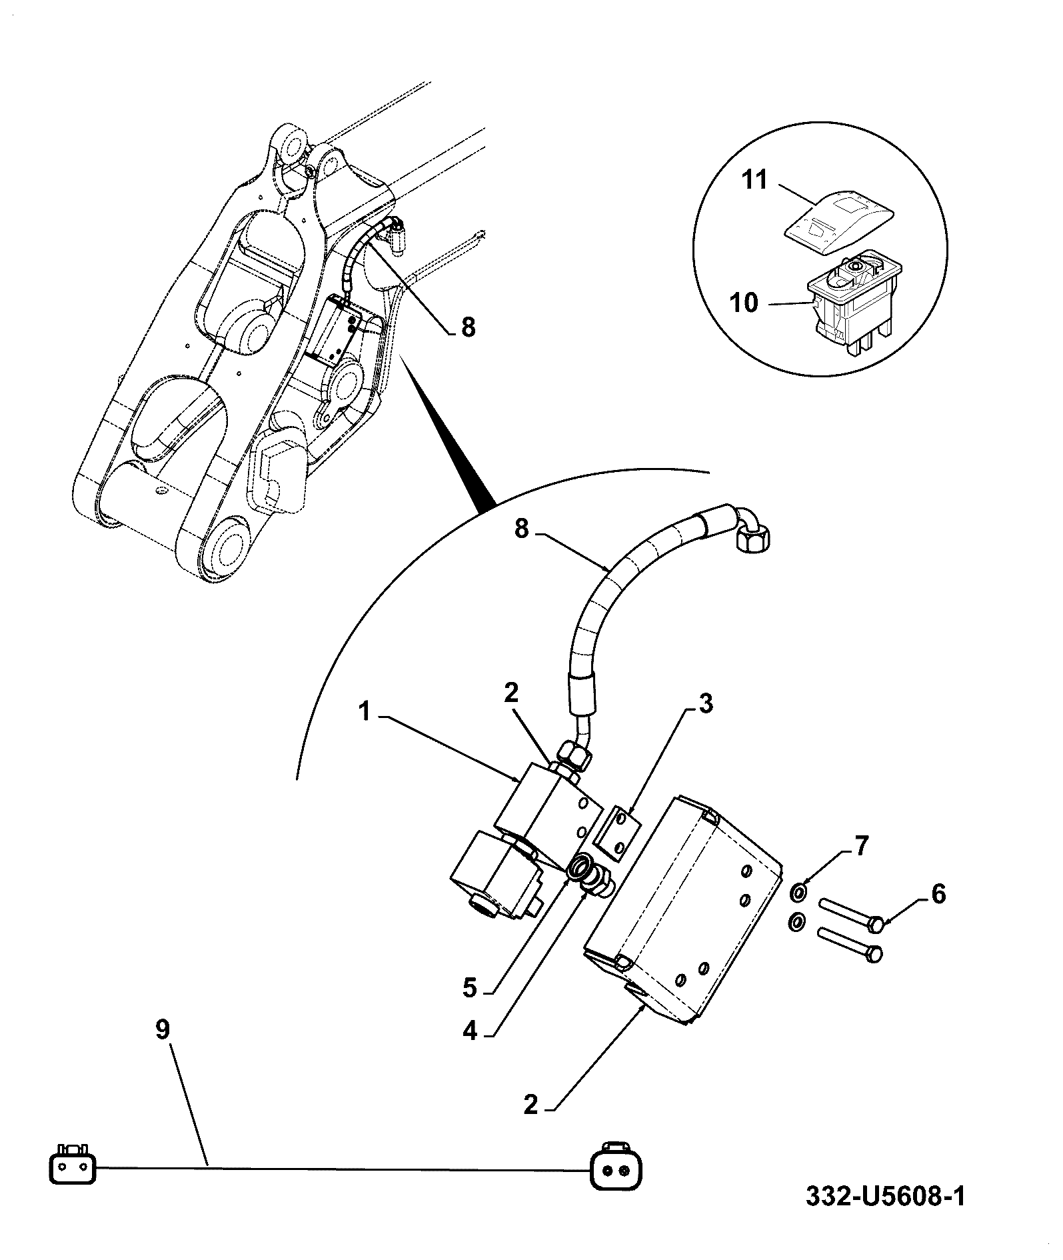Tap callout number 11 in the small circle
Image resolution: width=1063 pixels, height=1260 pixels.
coord(755,179)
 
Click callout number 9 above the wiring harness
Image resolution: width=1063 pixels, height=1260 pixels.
coord(163,1049)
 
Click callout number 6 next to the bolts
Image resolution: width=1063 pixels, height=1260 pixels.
coord(938,894)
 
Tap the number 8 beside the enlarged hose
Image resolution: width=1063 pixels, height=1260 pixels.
coord(521,529)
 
